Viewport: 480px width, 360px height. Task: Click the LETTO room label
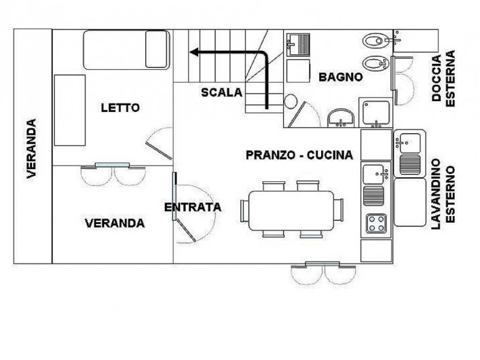click(120, 108)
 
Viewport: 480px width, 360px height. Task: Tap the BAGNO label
click(341, 77)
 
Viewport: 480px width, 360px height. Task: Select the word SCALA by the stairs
click(221, 92)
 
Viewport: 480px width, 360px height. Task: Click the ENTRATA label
click(193, 207)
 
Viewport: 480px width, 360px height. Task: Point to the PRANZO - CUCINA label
click(299, 155)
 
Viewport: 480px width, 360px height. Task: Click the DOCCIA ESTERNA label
click(443, 78)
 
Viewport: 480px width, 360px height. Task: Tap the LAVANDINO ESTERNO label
click(443, 194)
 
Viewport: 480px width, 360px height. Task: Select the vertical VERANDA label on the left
click(31, 149)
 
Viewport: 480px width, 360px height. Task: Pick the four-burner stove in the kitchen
click(376, 223)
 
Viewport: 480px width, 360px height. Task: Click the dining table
click(291, 211)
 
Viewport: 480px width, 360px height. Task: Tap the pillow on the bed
click(157, 49)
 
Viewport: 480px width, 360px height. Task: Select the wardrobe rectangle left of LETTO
click(70, 110)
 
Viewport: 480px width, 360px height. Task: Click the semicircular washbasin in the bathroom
click(341, 118)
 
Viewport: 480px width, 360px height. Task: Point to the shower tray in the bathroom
click(376, 113)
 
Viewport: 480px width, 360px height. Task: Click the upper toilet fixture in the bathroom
click(375, 41)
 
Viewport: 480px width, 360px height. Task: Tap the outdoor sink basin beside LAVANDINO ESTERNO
click(408, 143)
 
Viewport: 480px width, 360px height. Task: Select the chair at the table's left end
click(245, 211)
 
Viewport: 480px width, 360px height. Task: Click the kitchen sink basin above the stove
click(374, 175)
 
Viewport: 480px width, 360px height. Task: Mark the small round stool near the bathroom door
click(291, 101)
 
